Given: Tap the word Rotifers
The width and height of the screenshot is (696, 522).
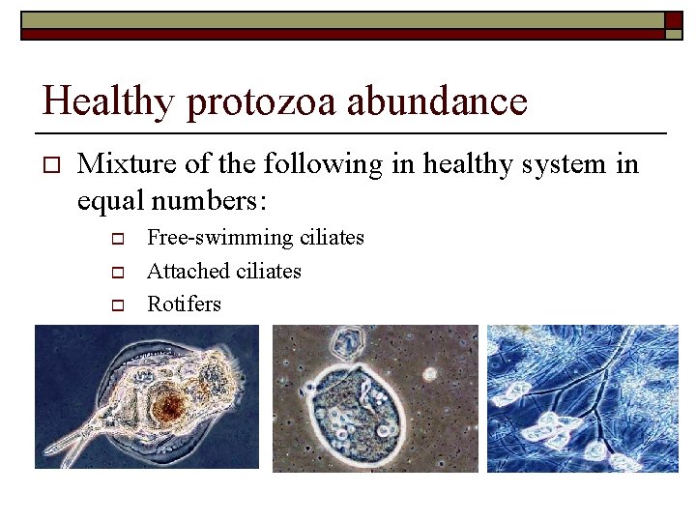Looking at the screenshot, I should [x=184, y=304].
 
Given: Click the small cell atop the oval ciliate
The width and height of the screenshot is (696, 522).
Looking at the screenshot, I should [x=344, y=341].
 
